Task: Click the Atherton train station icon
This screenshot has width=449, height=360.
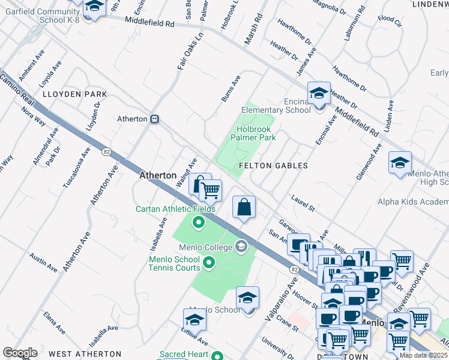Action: click(155, 119)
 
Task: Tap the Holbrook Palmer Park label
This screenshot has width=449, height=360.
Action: click(253, 133)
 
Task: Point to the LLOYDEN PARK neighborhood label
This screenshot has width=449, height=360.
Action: click(74, 95)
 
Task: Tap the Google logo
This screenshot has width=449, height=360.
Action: click(20, 353)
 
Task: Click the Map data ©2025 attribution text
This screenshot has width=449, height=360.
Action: click(423, 355)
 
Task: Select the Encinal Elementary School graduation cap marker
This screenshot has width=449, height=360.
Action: click(319, 93)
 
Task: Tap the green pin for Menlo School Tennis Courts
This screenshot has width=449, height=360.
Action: click(209, 262)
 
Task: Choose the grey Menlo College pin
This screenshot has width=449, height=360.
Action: click(241, 246)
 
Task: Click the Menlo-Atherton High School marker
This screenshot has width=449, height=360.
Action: click(400, 163)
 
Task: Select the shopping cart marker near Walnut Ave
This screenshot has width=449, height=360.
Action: click(209, 191)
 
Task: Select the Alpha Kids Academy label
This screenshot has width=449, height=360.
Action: click(412, 202)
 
